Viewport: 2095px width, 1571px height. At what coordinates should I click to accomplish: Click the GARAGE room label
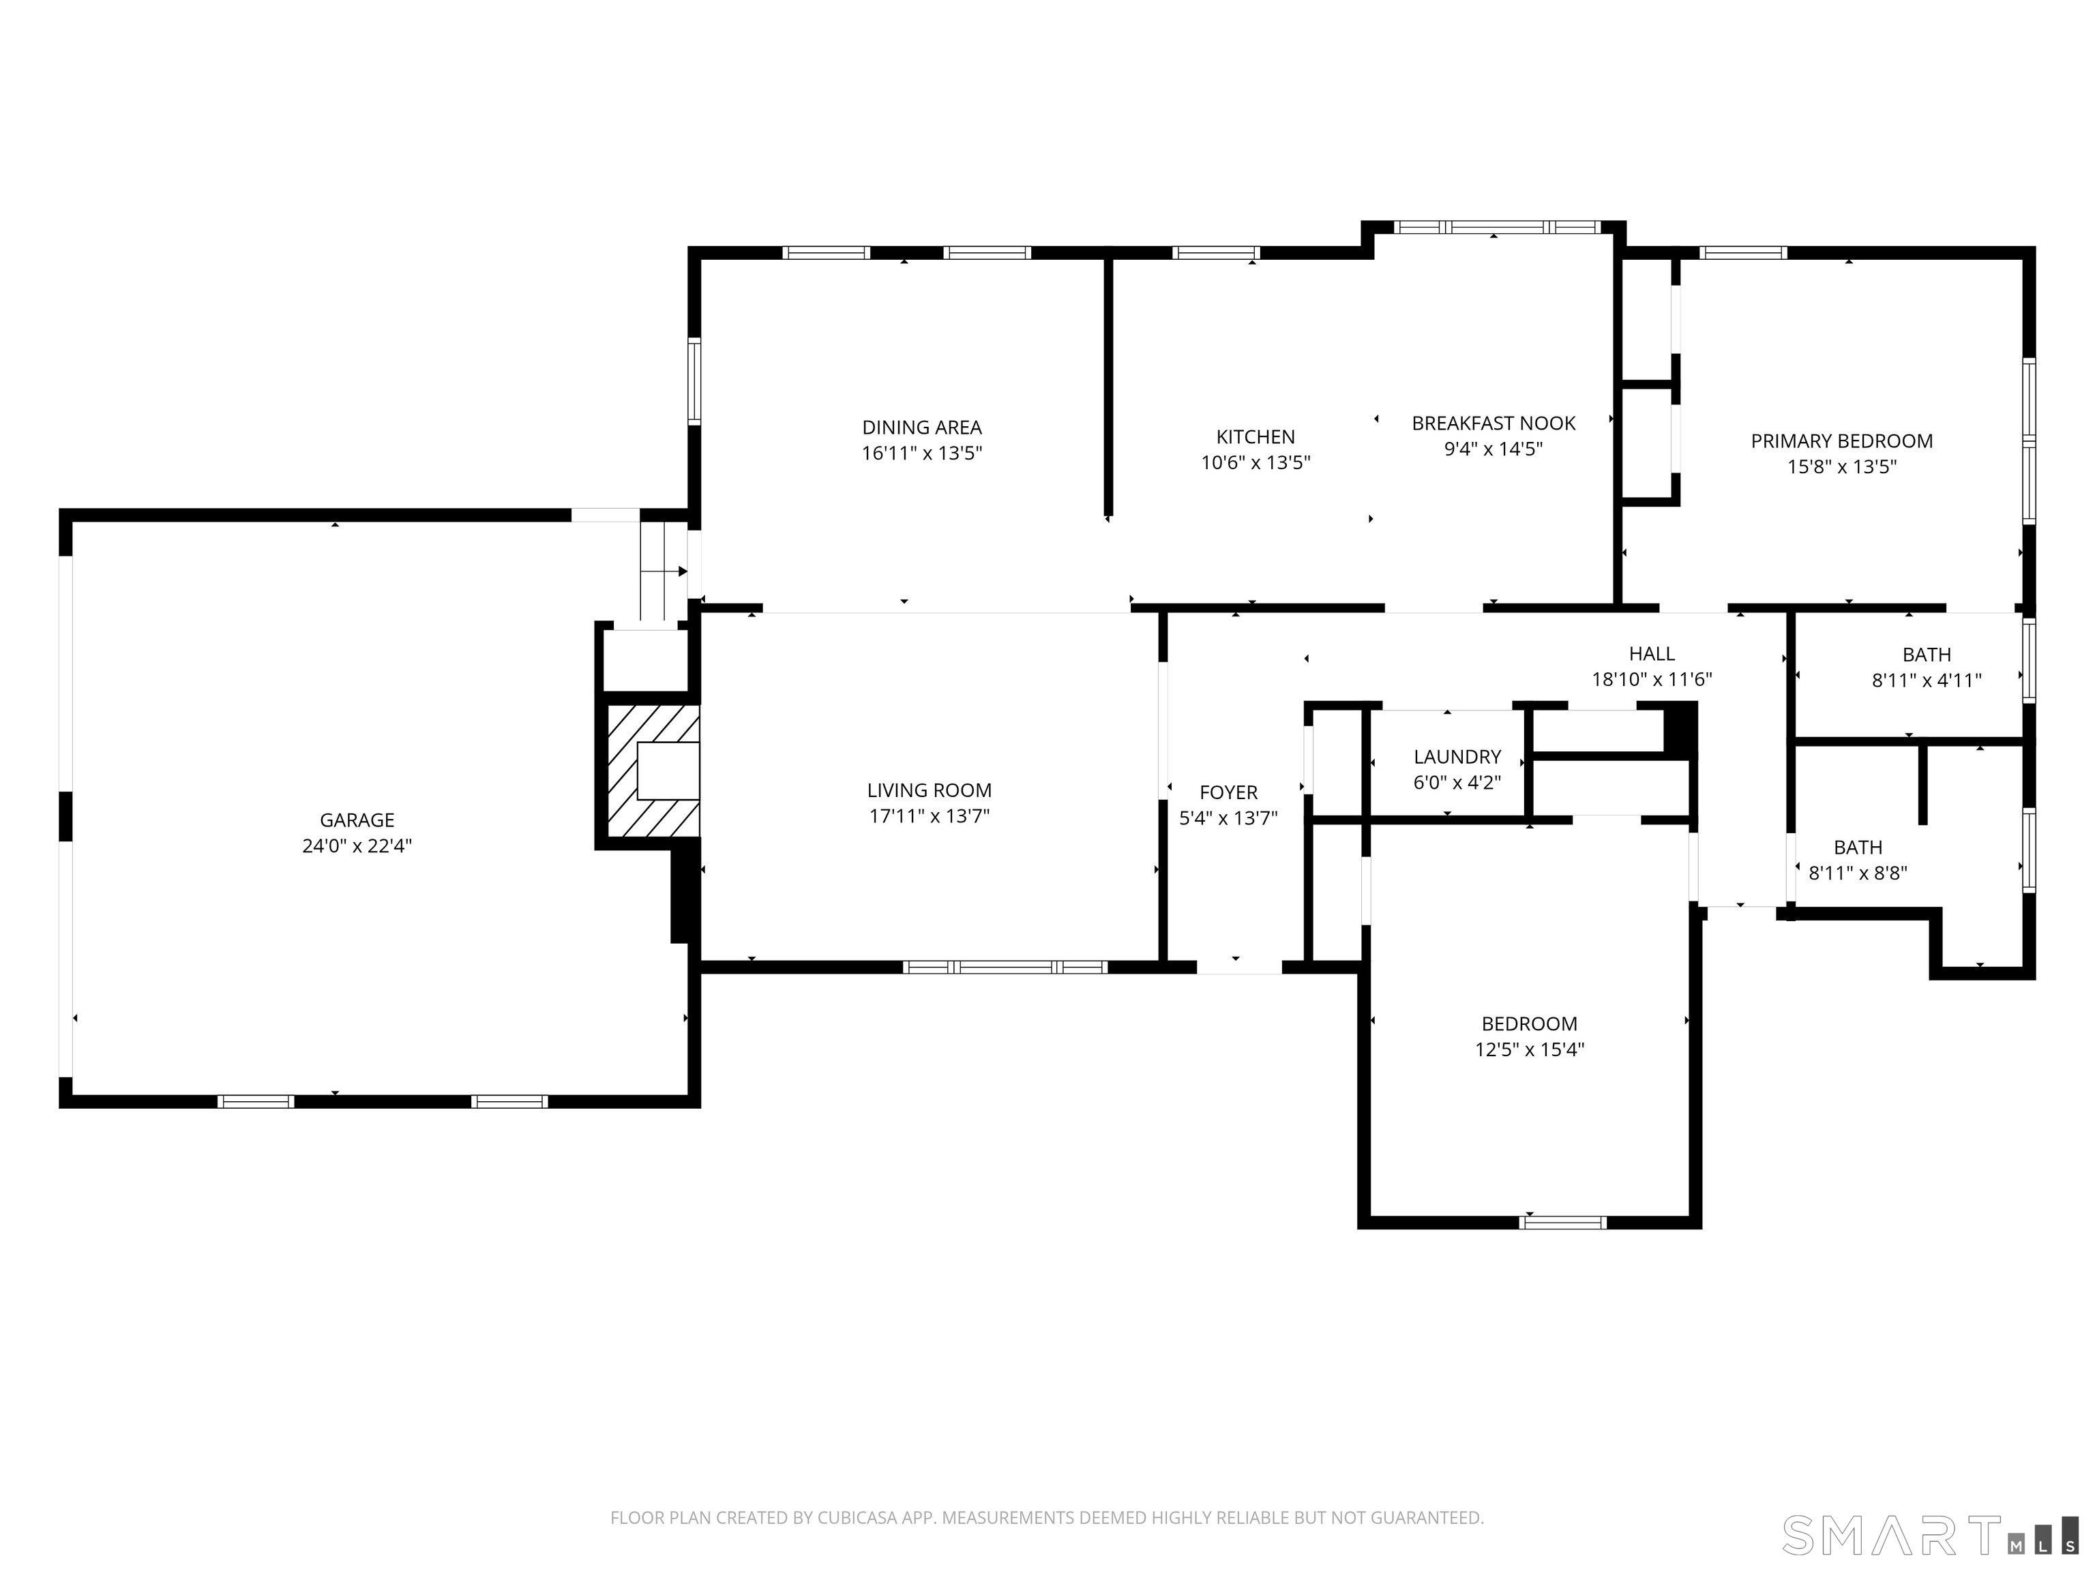point(357,820)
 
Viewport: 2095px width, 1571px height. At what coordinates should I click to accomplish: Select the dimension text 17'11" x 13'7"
point(929,816)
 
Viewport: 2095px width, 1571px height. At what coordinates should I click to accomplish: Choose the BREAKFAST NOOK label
point(1494,423)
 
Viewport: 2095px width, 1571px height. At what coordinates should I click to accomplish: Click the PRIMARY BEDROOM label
point(1841,440)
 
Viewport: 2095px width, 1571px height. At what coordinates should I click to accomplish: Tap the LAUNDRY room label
point(1457,757)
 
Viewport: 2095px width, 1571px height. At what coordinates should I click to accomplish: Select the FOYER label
point(1228,792)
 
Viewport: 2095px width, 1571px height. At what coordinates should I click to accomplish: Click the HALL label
point(1652,653)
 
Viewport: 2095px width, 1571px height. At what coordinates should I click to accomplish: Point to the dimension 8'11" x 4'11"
point(1927,680)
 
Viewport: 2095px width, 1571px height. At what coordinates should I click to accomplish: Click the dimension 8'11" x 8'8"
point(1857,873)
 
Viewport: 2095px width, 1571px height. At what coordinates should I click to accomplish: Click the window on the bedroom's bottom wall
point(1563,1223)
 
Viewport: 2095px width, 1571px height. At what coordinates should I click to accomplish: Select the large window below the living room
point(1005,967)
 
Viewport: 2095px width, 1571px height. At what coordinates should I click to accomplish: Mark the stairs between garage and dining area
point(664,571)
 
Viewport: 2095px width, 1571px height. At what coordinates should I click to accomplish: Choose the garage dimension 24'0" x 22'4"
point(357,846)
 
